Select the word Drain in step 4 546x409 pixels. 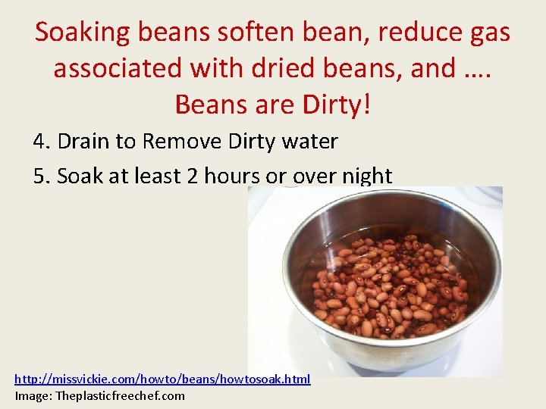coord(83,142)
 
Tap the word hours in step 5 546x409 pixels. coord(232,176)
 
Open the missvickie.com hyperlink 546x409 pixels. coord(162,379)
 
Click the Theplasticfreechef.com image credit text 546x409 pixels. coord(121,395)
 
